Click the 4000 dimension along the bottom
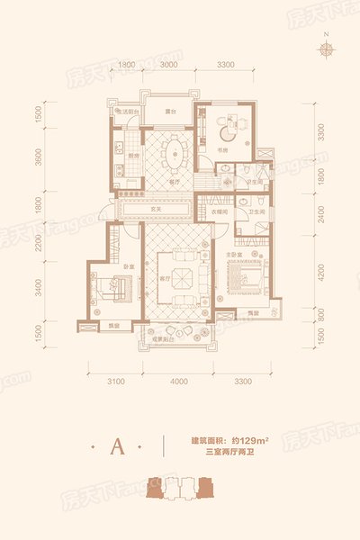tap(179, 382)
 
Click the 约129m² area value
tap(251, 438)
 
